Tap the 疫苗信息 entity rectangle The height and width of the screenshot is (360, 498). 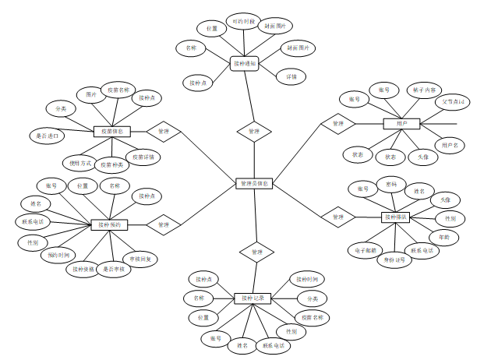coord(111,132)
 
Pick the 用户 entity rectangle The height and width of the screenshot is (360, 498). coord(401,123)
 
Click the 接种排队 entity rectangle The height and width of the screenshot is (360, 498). coord(396,217)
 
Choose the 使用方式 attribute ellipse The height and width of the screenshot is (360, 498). coord(80,164)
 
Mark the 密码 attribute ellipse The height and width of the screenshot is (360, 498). coord(392,183)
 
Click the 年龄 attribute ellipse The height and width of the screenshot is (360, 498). coord(444,236)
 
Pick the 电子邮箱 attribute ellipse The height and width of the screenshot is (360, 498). coord(366,251)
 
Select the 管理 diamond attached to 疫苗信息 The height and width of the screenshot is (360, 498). coord(163,132)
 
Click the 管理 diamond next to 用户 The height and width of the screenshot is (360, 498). coord(337,123)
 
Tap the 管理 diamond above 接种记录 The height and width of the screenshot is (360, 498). coord(256,252)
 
